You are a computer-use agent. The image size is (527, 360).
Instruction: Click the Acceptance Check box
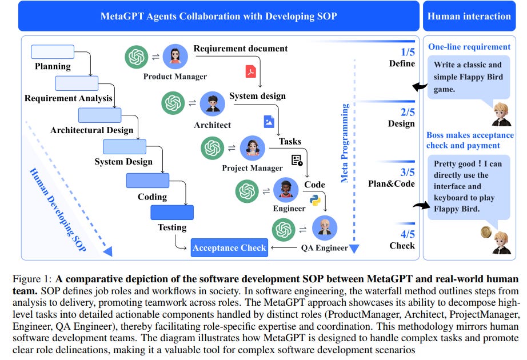click(x=229, y=247)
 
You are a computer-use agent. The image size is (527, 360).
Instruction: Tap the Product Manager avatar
click(x=175, y=57)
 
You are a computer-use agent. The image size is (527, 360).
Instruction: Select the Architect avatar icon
click(x=213, y=103)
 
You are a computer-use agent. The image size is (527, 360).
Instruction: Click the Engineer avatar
click(x=286, y=190)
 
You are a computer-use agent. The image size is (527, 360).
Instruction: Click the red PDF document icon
click(x=250, y=71)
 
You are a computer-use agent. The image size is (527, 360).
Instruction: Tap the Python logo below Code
click(x=314, y=199)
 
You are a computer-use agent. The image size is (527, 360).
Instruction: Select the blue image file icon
click(x=269, y=121)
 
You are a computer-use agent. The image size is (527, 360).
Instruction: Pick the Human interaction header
click(x=469, y=16)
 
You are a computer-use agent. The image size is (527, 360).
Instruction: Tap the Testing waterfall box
click(x=172, y=213)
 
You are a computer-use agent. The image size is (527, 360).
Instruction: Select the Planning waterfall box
click(x=52, y=52)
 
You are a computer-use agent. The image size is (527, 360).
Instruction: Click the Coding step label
click(x=152, y=197)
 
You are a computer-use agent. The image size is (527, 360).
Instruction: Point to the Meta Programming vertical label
click(x=345, y=143)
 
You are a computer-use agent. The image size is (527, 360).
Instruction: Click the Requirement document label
click(x=241, y=49)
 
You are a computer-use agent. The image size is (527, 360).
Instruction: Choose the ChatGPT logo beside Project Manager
click(x=213, y=148)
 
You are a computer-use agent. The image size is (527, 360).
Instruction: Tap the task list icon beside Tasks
click(x=297, y=160)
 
